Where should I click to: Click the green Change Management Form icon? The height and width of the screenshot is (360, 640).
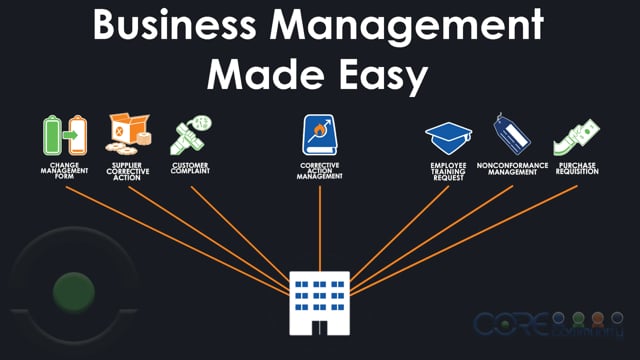64,135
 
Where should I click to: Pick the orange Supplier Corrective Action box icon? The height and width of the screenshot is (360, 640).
128,133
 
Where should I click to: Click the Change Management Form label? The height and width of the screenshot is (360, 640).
64,171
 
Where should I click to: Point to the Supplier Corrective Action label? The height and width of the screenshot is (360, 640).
128,171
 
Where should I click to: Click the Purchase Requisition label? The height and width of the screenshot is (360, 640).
575,168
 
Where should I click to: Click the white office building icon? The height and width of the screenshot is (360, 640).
320,300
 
